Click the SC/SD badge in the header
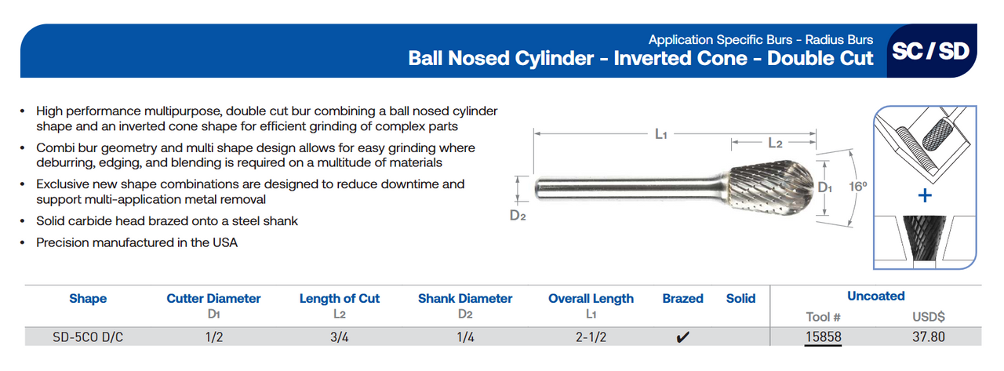pyautogui.click(x=930, y=52)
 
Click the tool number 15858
pyautogui.click(x=823, y=337)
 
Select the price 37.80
pyautogui.click(x=929, y=337)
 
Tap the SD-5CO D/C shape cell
pyautogui.click(x=88, y=337)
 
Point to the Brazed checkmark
pyautogui.click(x=682, y=338)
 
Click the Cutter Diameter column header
pyautogui.click(x=213, y=299)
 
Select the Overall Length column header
pyautogui.click(x=591, y=299)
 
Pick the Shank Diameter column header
pyautogui.click(x=465, y=299)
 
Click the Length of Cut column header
pyautogui.click(x=339, y=299)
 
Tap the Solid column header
pyautogui.click(x=740, y=299)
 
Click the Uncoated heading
pyautogui.click(x=875, y=296)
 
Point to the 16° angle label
pyautogui.click(x=857, y=187)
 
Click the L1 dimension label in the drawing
pyautogui.click(x=660, y=134)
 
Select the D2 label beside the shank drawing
pyautogui.click(x=517, y=216)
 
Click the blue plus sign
pyautogui.click(x=926, y=195)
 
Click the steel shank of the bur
pyautogui.click(x=627, y=189)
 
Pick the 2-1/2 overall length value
pyautogui.click(x=591, y=337)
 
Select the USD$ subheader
pyautogui.click(x=929, y=317)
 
